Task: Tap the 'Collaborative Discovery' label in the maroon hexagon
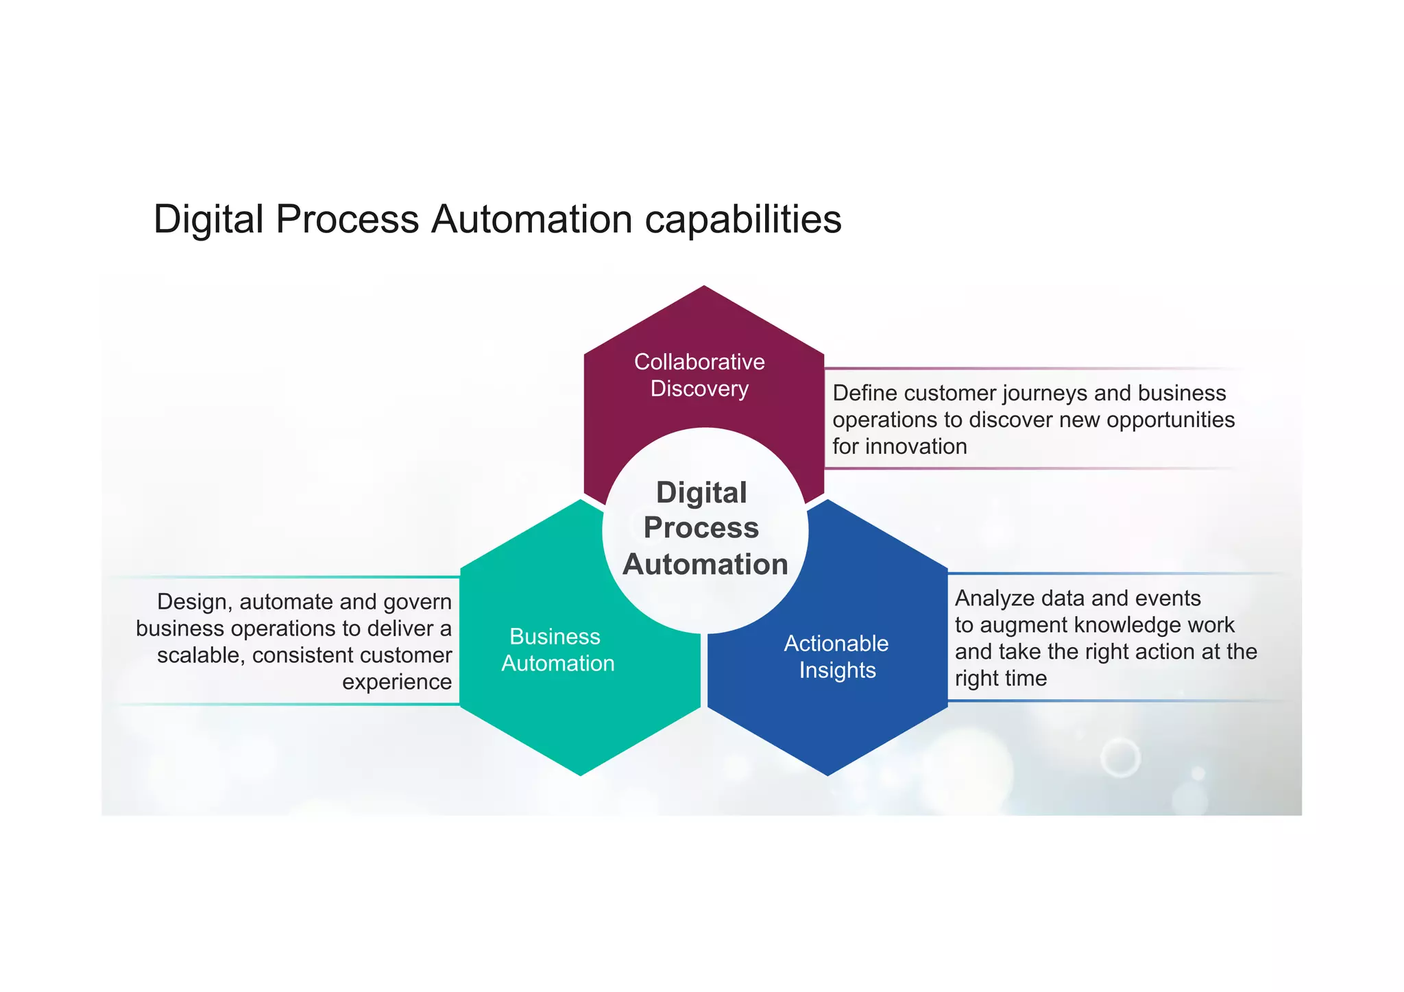point(699,375)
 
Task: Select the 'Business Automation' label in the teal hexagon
point(557,650)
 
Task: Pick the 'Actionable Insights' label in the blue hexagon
point(836,657)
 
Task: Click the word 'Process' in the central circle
point(701,528)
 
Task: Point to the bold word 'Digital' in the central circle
point(701,493)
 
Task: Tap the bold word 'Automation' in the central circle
point(705,564)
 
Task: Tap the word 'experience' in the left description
point(397,682)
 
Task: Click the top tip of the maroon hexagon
point(704,287)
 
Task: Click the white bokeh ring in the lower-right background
point(1120,758)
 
